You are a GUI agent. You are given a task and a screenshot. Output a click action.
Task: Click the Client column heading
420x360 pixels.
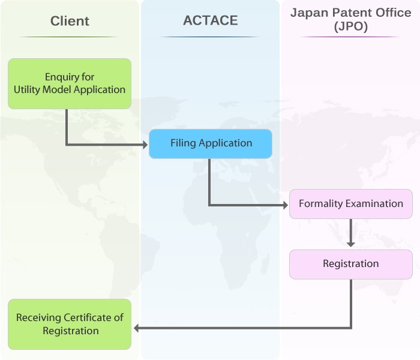click(x=70, y=21)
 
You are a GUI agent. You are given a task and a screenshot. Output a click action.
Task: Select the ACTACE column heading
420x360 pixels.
click(x=210, y=20)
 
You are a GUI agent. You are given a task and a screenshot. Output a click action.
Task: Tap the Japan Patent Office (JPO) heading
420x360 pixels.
click(x=350, y=20)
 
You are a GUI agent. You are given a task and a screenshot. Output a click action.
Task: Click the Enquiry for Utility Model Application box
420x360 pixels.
click(x=70, y=83)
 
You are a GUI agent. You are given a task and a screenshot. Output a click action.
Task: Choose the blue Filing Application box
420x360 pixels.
click(x=211, y=143)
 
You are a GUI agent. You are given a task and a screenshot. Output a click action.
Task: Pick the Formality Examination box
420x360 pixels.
click(x=351, y=204)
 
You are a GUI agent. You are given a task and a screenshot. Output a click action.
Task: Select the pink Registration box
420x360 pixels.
click(x=351, y=264)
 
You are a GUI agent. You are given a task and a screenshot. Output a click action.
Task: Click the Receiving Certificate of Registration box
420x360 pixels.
click(x=70, y=324)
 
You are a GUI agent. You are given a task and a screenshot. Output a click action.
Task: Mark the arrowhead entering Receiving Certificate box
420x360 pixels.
click(x=137, y=328)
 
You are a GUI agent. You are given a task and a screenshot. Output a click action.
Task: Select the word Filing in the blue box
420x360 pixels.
click(x=182, y=143)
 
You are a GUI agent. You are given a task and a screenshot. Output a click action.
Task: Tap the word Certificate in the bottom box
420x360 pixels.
click(x=93, y=318)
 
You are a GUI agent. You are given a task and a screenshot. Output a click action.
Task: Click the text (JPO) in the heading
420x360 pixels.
click(x=350, y=28)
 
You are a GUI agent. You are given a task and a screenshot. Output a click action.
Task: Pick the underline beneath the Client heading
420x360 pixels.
click(x=70, y=37)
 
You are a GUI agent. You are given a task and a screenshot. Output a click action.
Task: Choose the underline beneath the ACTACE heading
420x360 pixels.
click(x=210, y=37)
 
